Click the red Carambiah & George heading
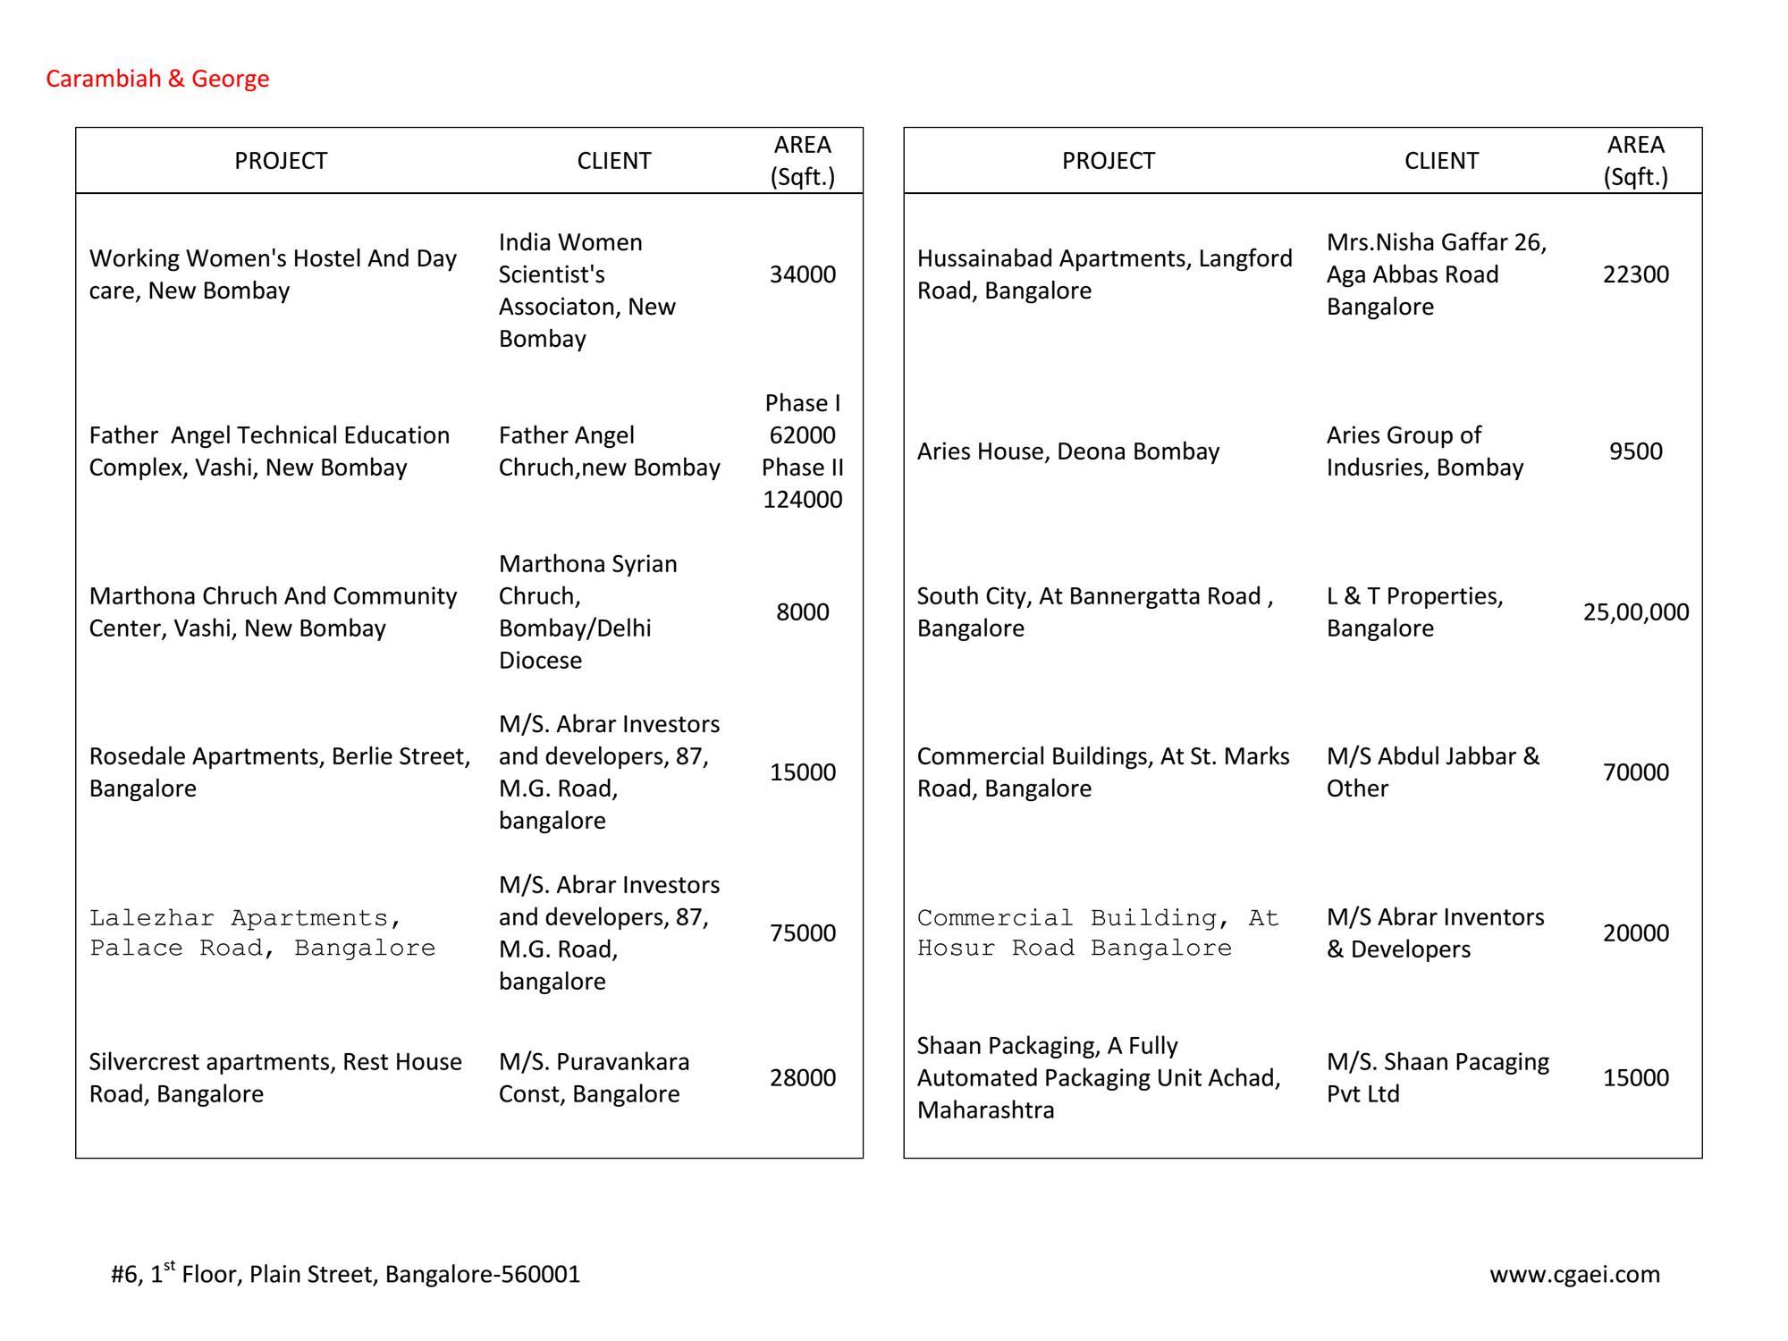point(157,79)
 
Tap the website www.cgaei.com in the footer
point(1574,1274)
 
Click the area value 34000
point(802,274)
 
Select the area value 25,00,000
point(1635,612)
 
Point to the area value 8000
point(802,612)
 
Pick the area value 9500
point(1635,451)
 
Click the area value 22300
point(1635,274)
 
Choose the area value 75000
point(802,933)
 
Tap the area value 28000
point(802,1078)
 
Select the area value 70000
point(1635,772)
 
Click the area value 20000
point(1635,933)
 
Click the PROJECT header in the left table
point(281,161)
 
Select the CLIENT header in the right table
point(1441,161)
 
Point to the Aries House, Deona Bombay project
point(1067,451)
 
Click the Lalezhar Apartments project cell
point(262,933)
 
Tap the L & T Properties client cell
point(1414,612)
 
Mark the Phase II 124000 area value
point(802,484)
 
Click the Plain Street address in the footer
point(345,1274)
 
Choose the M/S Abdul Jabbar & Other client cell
point(1432,772)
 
